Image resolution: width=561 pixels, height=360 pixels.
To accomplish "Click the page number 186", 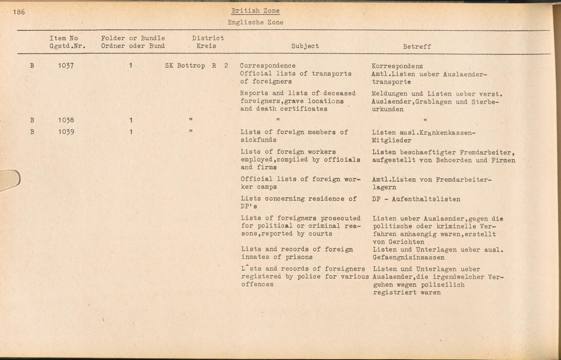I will coord(19,12).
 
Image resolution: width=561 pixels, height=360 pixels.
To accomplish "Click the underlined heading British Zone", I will coord(255,11).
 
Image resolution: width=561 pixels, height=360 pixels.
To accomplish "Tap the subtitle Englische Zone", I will coord(255,22).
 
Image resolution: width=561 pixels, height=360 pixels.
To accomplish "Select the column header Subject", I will coord(305,46).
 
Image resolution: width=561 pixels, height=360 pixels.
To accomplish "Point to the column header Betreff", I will coord(417,47).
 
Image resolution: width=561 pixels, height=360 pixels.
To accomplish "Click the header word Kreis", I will coord(206,46).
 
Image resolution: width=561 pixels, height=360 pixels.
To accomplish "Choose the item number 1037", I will coord(66,66).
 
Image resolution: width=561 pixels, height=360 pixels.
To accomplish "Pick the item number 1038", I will coord(66,120).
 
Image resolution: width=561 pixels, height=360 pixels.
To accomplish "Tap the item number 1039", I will coord(66,132).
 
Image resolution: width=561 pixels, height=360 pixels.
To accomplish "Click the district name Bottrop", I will coord(191,66).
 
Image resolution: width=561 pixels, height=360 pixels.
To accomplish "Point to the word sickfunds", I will coord(258,140).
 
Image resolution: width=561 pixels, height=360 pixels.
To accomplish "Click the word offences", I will coord(257,284).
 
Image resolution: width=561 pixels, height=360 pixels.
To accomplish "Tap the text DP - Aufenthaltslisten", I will coord(416,199).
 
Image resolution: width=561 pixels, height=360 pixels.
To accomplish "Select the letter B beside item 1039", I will coord(32,132).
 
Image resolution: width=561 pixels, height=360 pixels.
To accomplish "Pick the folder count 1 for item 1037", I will coord(131,66).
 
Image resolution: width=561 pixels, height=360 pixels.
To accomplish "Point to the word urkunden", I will coord(388,109).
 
